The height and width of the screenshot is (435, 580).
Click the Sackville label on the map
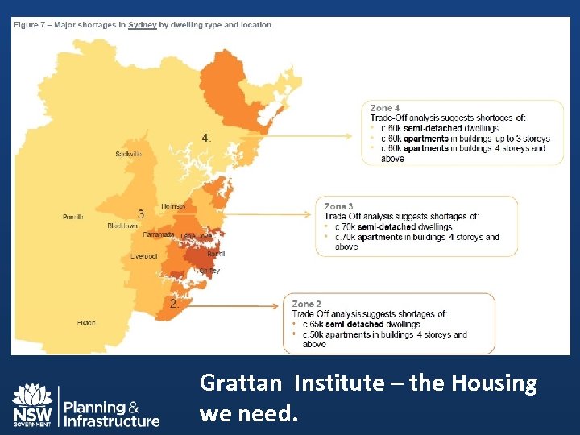click(128, 154)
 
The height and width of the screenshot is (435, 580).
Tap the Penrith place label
click(72, 217)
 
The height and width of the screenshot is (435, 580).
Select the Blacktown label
click(122, 226)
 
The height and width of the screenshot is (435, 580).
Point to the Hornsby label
click(173, 207)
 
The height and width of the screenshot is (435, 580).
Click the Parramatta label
click(159, 235)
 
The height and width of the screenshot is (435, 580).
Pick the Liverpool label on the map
click(144, 256)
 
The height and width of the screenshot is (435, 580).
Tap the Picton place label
click(86, 322)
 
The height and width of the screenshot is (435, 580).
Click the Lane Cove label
click(197, 236)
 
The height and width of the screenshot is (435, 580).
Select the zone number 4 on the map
click(207, 138)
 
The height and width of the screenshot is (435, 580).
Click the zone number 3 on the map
click(142, 214)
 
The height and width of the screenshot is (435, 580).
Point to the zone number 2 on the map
click(173, 304)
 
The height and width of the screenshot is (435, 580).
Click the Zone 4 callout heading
click(385, 108)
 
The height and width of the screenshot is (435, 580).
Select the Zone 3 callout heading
click(339, 207)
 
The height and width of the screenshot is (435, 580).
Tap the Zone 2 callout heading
click(307, 304)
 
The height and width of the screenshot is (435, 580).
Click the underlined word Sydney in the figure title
click(143, 25)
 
